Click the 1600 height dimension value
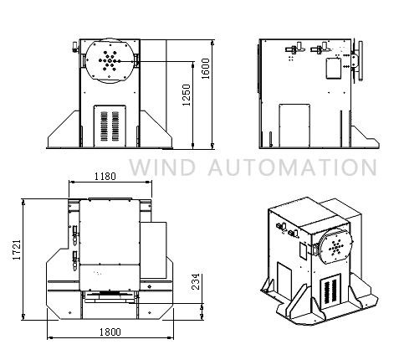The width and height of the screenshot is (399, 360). click(206, 69)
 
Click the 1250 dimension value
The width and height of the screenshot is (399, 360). click(187, 95)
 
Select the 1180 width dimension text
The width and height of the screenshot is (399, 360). click(105, 177)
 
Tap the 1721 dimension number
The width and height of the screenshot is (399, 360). click(17, 249)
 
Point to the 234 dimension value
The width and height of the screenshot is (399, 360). click(197, 281)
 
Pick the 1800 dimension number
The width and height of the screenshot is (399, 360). click(110, 332)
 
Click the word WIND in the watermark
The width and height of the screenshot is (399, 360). click(162, 167)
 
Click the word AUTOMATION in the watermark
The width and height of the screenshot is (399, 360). click(293, 167)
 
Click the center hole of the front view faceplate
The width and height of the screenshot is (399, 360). click(110, 60)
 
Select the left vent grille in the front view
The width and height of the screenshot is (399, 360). click(104, 126)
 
